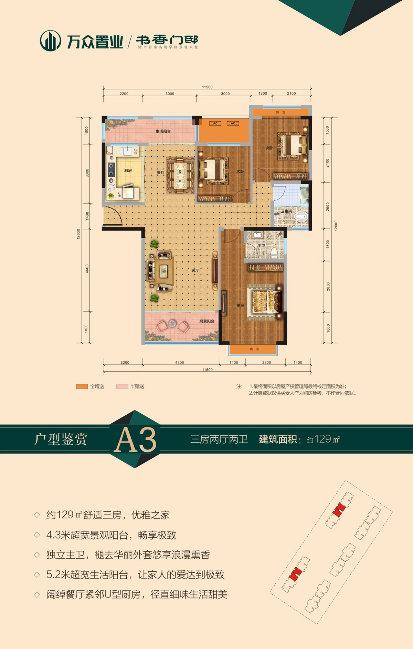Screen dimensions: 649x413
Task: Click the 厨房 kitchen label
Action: tap(128, 170)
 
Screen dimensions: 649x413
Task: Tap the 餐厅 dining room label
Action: tap(161, 172)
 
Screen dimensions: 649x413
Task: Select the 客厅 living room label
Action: tap(195, 270)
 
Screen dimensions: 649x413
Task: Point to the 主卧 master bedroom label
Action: tap(240, 305)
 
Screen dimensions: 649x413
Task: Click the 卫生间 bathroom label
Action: tap(286, 211)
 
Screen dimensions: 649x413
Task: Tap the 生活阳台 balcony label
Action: tap(163, 131)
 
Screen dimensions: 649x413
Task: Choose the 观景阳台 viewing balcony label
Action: tap(206, 321)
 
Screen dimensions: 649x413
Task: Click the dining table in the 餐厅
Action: tap(180, 175)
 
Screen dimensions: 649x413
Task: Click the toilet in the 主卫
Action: tap(274, 252)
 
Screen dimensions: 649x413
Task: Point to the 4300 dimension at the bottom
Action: tap(179, 362)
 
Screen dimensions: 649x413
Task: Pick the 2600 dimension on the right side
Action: tap(328, 206)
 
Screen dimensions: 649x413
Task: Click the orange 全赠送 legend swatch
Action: tap(82, 387)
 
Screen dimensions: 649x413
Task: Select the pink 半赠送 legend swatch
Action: tap(122, 387)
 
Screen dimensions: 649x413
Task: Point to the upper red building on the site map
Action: tap(339, 509)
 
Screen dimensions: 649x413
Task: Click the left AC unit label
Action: tap(215, 123)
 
